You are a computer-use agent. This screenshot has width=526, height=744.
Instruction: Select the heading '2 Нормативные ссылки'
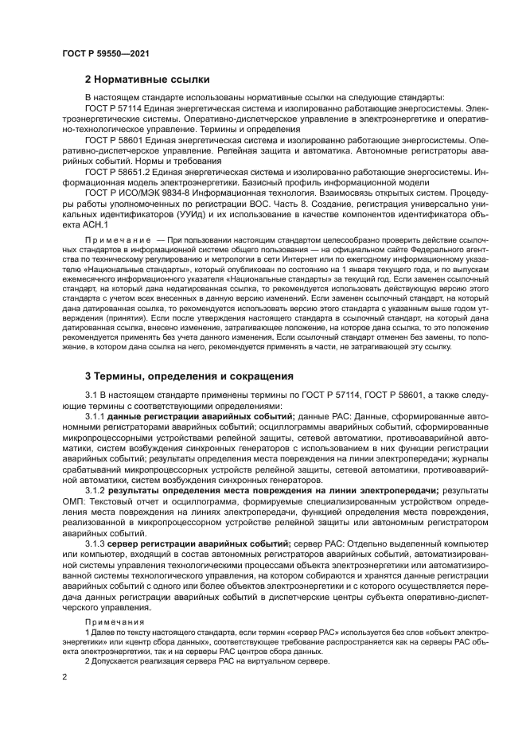click(147, 80)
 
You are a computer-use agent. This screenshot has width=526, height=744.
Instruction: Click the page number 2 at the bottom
click(64, 676)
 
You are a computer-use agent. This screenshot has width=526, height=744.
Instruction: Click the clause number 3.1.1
click(95, 416)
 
